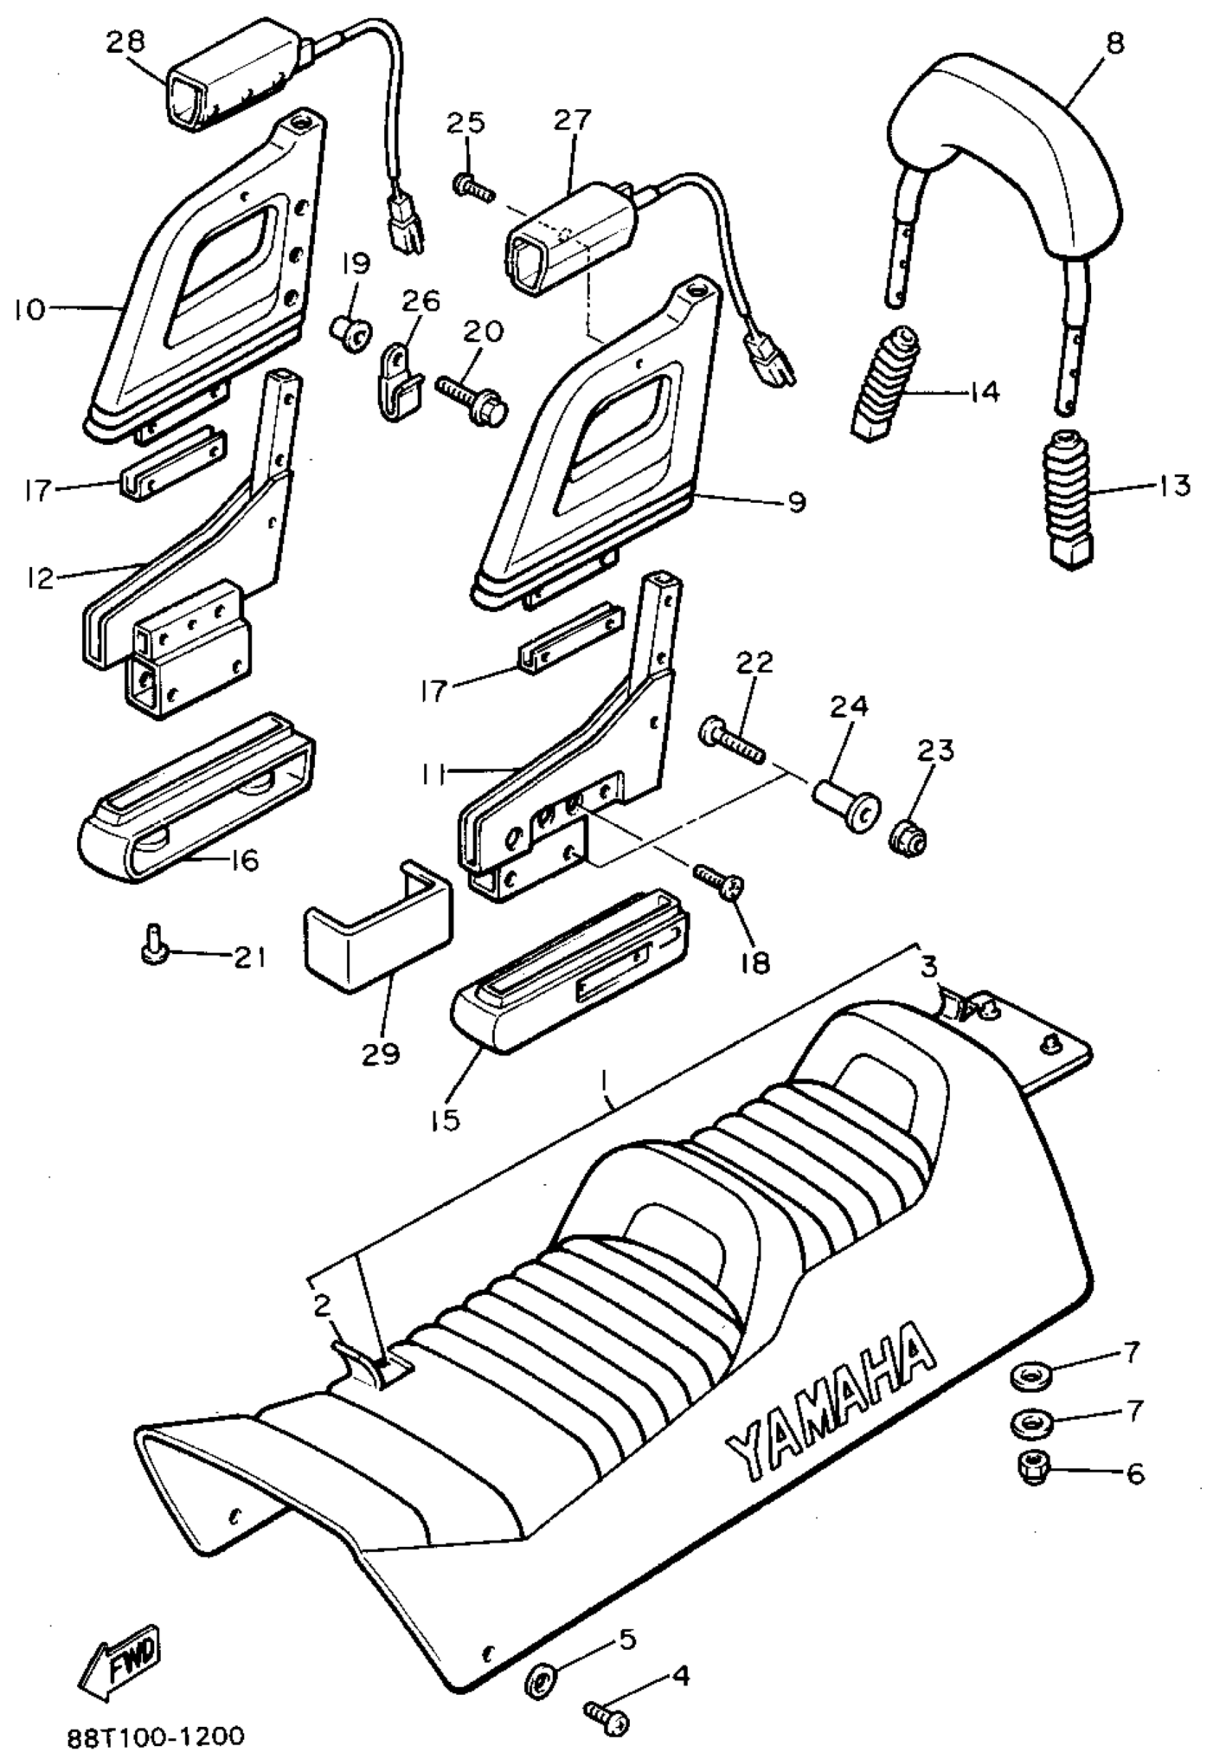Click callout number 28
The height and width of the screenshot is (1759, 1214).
coord(126,42)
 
